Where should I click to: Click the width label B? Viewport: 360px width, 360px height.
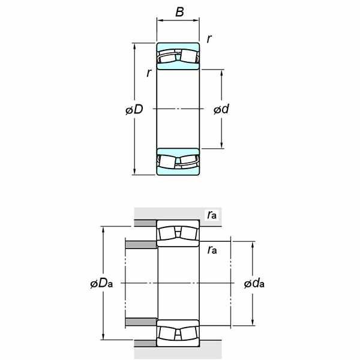(x=179, y=12)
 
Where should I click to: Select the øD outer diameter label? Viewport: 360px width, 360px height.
(x=134, y=109)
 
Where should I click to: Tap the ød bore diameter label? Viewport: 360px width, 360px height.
(x=221, y=109)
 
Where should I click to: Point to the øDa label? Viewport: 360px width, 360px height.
(x=101, y=284)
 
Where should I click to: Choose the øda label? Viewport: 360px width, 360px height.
(x=254, y=284)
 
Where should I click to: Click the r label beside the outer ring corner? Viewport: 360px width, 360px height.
(x=209, y=39)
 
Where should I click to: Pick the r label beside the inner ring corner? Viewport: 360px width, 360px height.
(x=149, y=73)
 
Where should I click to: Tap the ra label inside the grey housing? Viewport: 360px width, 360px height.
(x=212, y=215)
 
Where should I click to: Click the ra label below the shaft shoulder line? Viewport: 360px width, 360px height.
(x=212, y=250)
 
